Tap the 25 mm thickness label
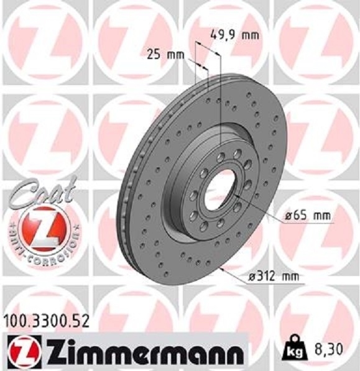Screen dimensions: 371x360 [165, 55]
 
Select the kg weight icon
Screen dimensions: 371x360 [295, 350]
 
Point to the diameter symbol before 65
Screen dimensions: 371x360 [289, 216]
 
